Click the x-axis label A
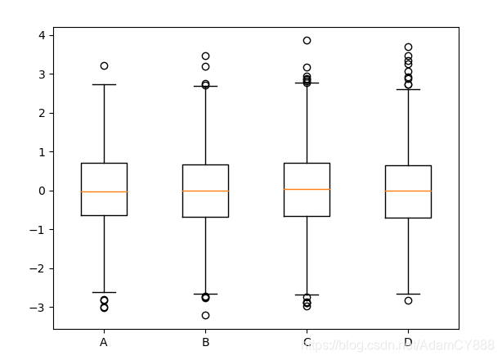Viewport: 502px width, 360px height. [x=104, y=343]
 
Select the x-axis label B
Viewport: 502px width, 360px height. [x=205, y=343]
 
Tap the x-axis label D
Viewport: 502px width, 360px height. [x=408, y=343]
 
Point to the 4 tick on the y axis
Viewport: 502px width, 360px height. [x=41, y=35]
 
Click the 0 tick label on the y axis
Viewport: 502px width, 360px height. [x=41, y=191]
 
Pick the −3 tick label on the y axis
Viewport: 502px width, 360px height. [x=38, y=308]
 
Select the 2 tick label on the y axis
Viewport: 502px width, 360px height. [x=41, y=113]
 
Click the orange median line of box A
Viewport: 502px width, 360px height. [x=104, y=191]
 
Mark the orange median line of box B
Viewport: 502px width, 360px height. [x=205, y=191]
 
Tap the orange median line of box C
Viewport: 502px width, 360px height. [x=307, y=189]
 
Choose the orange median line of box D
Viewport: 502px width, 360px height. [x=408, y=191]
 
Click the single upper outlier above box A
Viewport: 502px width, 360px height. [x=104, y=65]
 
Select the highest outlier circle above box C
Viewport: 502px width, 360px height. [x=307, y=40]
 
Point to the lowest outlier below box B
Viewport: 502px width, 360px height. [x=205, y=315]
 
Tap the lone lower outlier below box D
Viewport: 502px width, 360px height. [x=408, y=300]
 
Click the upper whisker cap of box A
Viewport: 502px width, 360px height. [x=104, y=84]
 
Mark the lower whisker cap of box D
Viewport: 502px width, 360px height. [x=408, y=294]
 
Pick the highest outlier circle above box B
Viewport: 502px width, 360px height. [x=205, y=56]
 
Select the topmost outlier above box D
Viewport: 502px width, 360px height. [x=408, y=47]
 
